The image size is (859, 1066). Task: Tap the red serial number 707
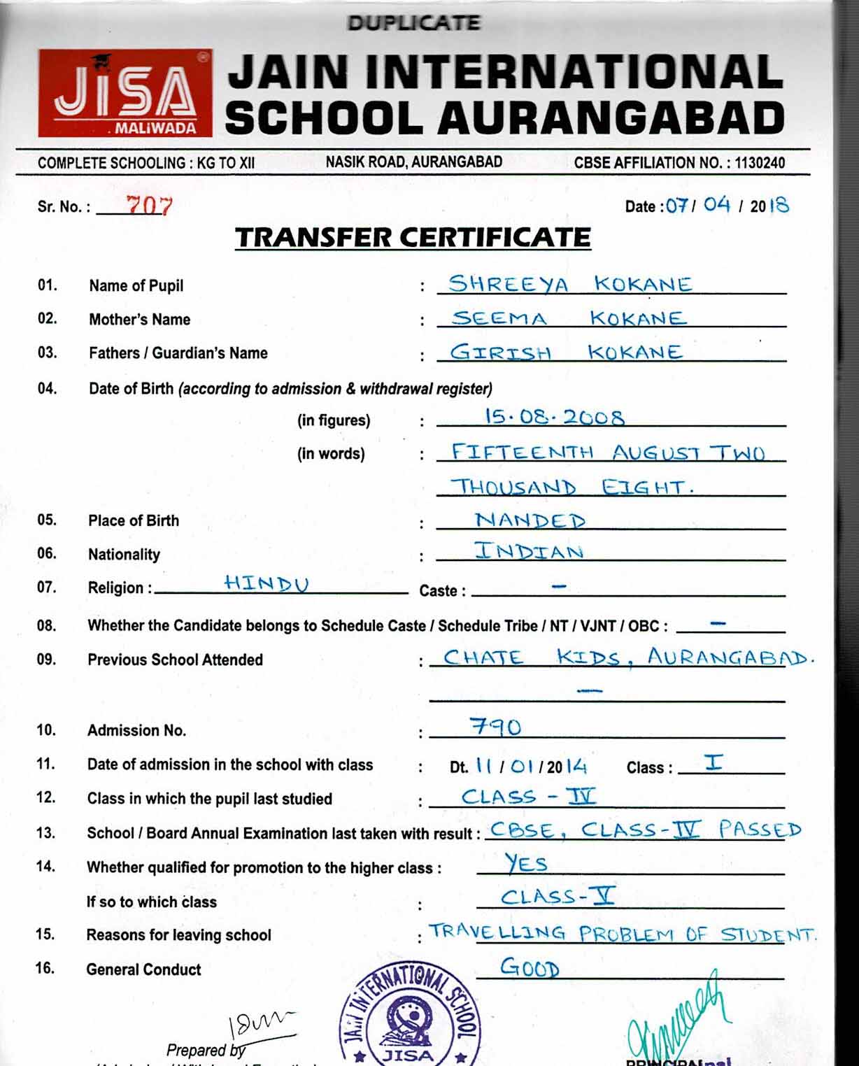148,205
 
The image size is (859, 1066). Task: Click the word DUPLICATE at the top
413,23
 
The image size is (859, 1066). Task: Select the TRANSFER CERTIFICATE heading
413,238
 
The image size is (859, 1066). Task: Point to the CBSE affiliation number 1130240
760,163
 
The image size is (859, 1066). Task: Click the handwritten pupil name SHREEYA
509,284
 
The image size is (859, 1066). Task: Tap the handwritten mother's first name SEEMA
499,318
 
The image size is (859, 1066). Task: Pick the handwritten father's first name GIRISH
500,352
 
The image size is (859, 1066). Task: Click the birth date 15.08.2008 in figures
554,418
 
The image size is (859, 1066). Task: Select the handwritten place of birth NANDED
530,520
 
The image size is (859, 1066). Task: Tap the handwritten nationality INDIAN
529,551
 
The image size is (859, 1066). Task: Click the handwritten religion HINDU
267,583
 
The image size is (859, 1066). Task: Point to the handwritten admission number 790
496,727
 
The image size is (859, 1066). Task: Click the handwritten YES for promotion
526,864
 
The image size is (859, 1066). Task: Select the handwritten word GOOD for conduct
530,969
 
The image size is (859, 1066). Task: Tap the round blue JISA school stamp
409,1018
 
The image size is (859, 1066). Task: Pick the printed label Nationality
124,555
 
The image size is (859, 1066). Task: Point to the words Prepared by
206,1050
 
